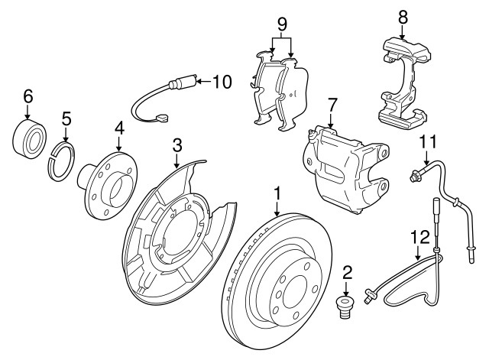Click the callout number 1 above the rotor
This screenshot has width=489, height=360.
(277, 193)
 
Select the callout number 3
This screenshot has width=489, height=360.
(176, 144)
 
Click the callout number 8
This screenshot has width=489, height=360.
(403, 15)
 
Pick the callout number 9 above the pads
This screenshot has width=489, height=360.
(282, 24)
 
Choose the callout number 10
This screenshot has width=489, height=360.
(221, 81)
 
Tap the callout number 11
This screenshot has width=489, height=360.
(428, 141)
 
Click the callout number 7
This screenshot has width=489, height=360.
(332, 103)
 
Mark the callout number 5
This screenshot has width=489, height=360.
(66, 118)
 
